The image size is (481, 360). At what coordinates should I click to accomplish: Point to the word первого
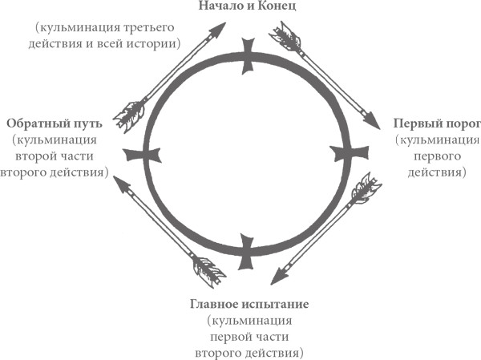[x=435, y=156]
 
